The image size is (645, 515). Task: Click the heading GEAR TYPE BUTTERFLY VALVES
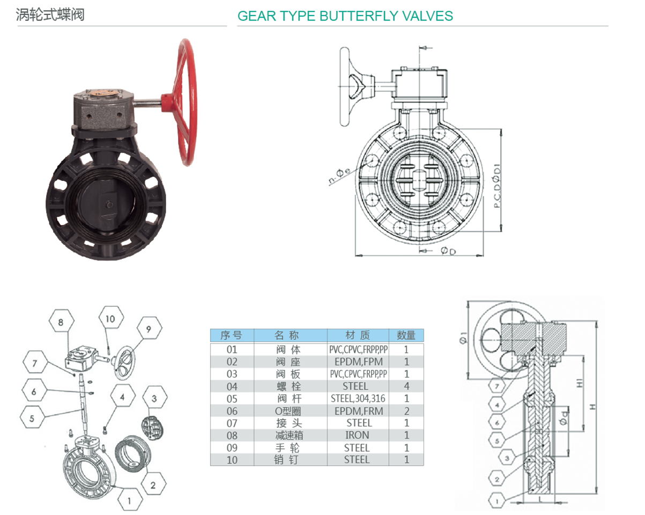[345, 16]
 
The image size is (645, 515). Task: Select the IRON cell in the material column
[357, 435]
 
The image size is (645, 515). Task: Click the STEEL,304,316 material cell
[358, 398]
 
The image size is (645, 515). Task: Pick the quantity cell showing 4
[406, 386]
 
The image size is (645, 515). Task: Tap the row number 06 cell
[232, 411]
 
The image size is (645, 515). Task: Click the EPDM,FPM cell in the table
[359, 362]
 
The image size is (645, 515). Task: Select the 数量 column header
[406, 335]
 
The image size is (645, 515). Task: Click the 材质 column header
[358, 335]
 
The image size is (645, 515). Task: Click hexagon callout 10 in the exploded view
[111, 318]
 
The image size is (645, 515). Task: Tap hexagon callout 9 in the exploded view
[149, 329]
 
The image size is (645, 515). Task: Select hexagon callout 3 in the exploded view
[154, 398]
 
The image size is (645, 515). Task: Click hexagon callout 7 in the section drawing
[497, 386]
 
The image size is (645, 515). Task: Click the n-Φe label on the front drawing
[339, 176]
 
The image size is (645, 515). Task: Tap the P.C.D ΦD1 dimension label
[496, 186]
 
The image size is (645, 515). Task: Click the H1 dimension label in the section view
[580, 383]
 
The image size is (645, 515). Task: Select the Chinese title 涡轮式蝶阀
[50, 14]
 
